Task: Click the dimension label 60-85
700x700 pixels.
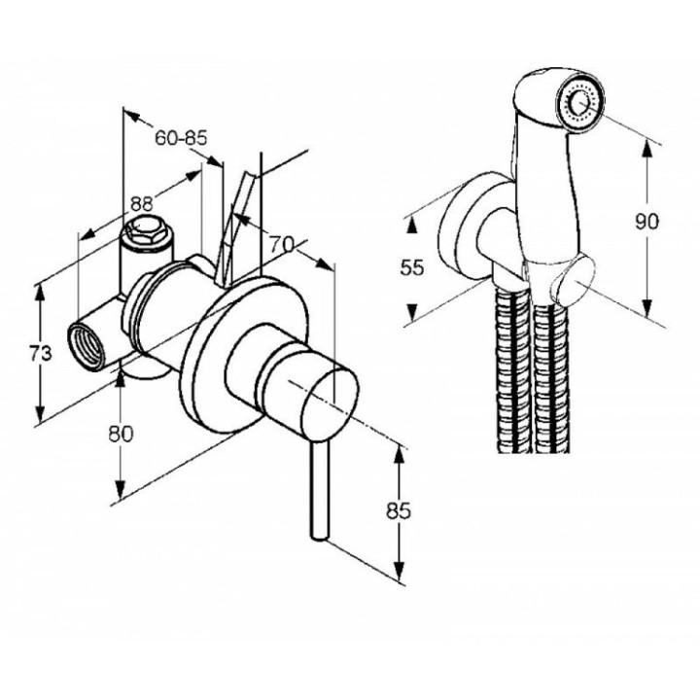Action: coord(181,138)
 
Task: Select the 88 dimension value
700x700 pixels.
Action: coord(142,204)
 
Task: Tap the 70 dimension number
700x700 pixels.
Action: coord(282,246)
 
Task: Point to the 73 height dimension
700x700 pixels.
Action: coord(40,355)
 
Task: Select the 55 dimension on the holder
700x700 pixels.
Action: coord(413,268)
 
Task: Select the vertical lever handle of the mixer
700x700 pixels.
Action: coord(318,486)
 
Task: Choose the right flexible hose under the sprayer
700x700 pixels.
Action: coord(549,379)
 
